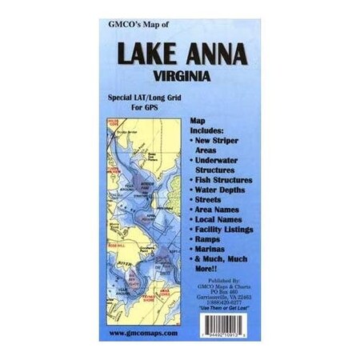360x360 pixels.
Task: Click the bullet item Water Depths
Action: click(221, 192)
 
